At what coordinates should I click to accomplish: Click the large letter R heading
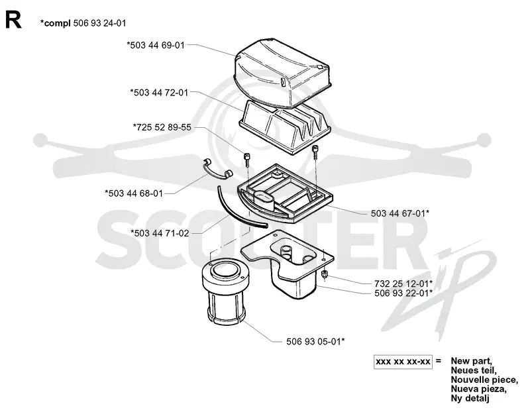click(x=13, y=20)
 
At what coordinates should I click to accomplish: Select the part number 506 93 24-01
click(x=99, y=23)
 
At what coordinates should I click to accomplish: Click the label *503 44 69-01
click(x=156, y=45)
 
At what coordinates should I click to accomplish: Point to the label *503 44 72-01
click(x=159, y=93)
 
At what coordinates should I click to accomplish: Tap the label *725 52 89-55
click(x=162, y=127)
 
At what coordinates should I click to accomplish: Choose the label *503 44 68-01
click(x=134, y=193)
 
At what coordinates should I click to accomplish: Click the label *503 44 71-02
click(x=160, y=233)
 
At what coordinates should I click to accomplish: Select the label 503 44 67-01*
click(x=400, y=213)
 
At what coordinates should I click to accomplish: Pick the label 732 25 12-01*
click(x=403, y=283)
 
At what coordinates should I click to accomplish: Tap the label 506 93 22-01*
click(x=403, y=293)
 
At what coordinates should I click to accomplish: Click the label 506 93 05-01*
click(x=316, y=341)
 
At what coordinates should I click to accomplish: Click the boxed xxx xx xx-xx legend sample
click(x=403, y=362)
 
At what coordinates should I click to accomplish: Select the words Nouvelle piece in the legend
click(x=484, y=380)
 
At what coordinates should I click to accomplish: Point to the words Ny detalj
click(x=470, y=399)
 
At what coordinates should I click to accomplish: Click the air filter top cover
click(x=284, y=74)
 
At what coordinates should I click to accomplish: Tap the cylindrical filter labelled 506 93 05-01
click(x=226, y=293)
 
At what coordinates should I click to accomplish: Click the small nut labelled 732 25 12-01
click(x=325, y=274)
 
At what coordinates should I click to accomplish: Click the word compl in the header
click(x=58, y=24)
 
